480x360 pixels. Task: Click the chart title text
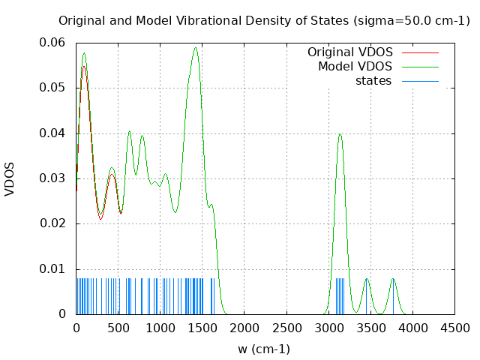[x=264, y=20]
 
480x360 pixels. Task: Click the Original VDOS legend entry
[x=349, y=52]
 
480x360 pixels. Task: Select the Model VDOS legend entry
[x=355, y=67]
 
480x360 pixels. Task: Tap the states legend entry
[x=373, y=81]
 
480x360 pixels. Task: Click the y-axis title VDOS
[x=10, y=178]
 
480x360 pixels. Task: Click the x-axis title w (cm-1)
[x=264, y=349]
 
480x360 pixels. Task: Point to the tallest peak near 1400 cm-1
[x=196, y=48]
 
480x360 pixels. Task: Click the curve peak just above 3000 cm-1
[x=340, y=134]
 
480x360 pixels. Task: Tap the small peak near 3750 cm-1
[x=393, y=279]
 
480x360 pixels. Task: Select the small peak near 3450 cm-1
[x=367, y=279]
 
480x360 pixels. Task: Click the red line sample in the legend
[x=420, y=52]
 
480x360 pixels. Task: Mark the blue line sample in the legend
[x=420, y=81]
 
